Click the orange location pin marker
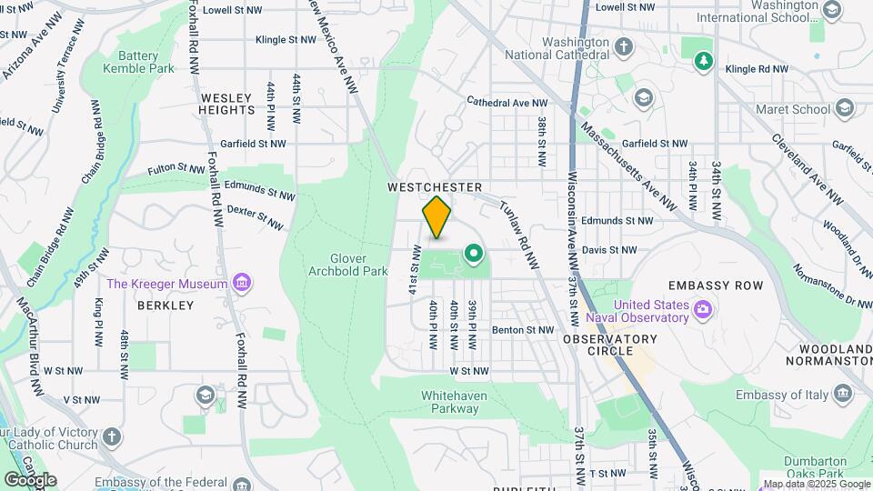click(437, 218)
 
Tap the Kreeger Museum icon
click(242, 284)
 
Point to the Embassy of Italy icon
click(843, 393)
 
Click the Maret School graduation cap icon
click(845, 109)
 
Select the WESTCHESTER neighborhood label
click(434, 187)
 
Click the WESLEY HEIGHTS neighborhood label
click(227, 104)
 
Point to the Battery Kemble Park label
click(137, 61)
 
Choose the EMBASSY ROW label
click(727, 286)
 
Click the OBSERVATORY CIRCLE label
click(609, 345)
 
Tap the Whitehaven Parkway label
click(455, 402)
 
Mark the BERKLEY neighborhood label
click(166, 306)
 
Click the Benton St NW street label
click(523, 330)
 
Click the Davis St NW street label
click(610, 249)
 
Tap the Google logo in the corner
click(30, 479)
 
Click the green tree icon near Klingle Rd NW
click(703, 61)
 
